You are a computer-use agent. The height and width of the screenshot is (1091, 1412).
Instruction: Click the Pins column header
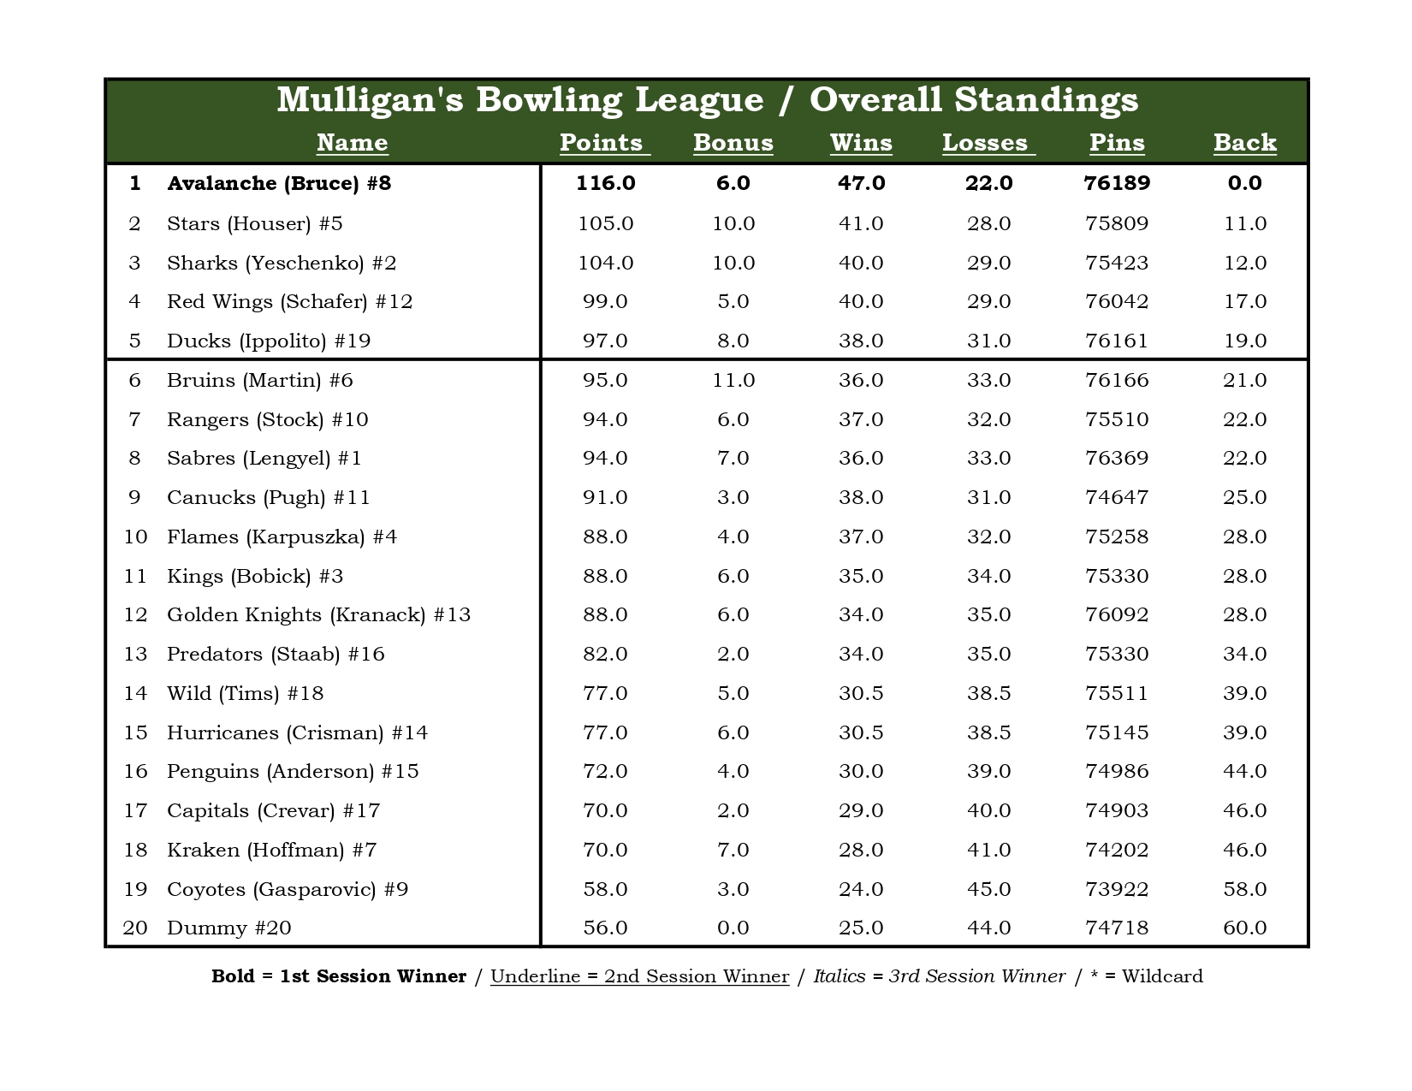(x=1117, y=143)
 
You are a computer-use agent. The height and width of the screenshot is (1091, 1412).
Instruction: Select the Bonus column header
(x=733, y=143)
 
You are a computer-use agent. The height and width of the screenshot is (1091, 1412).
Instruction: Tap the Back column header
(x=1244, y=143)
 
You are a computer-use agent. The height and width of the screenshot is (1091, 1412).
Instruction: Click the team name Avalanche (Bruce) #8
(x=279, y=183)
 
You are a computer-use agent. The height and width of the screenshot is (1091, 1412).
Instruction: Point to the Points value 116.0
(x=605, y=183)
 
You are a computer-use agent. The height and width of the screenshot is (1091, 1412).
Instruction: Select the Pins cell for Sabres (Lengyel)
(x=1117, y=458)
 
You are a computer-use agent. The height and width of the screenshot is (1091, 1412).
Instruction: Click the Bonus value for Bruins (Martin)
(x=733, y=380)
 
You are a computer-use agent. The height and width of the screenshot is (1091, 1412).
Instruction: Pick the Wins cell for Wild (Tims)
(x=861, y=693)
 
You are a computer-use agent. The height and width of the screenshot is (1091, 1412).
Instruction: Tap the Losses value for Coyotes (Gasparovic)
(x=988, y=889)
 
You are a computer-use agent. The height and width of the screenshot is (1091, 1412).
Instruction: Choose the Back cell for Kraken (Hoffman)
(x=1244, y=850)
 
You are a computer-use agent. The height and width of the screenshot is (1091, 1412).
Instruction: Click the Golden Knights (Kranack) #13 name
(x=318, y=614)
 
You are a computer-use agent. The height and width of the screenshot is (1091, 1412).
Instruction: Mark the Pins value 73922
(x=1117, y=889)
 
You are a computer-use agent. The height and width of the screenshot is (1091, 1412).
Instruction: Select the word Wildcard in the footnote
(x=1162, y=976)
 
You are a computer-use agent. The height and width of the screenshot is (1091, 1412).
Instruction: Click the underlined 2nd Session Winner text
(x=639, y=976)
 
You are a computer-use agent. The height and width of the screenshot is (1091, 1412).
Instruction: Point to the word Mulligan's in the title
(x=370, y=100)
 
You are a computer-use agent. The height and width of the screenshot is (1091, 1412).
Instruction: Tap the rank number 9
(x=134, y=497)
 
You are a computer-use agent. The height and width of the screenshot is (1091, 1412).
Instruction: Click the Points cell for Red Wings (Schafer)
(x=605, y=301)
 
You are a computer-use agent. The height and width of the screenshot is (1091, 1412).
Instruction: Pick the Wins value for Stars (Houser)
(x=861, y=223)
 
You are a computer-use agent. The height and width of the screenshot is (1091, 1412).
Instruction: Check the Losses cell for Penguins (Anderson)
(x=988, y=771)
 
